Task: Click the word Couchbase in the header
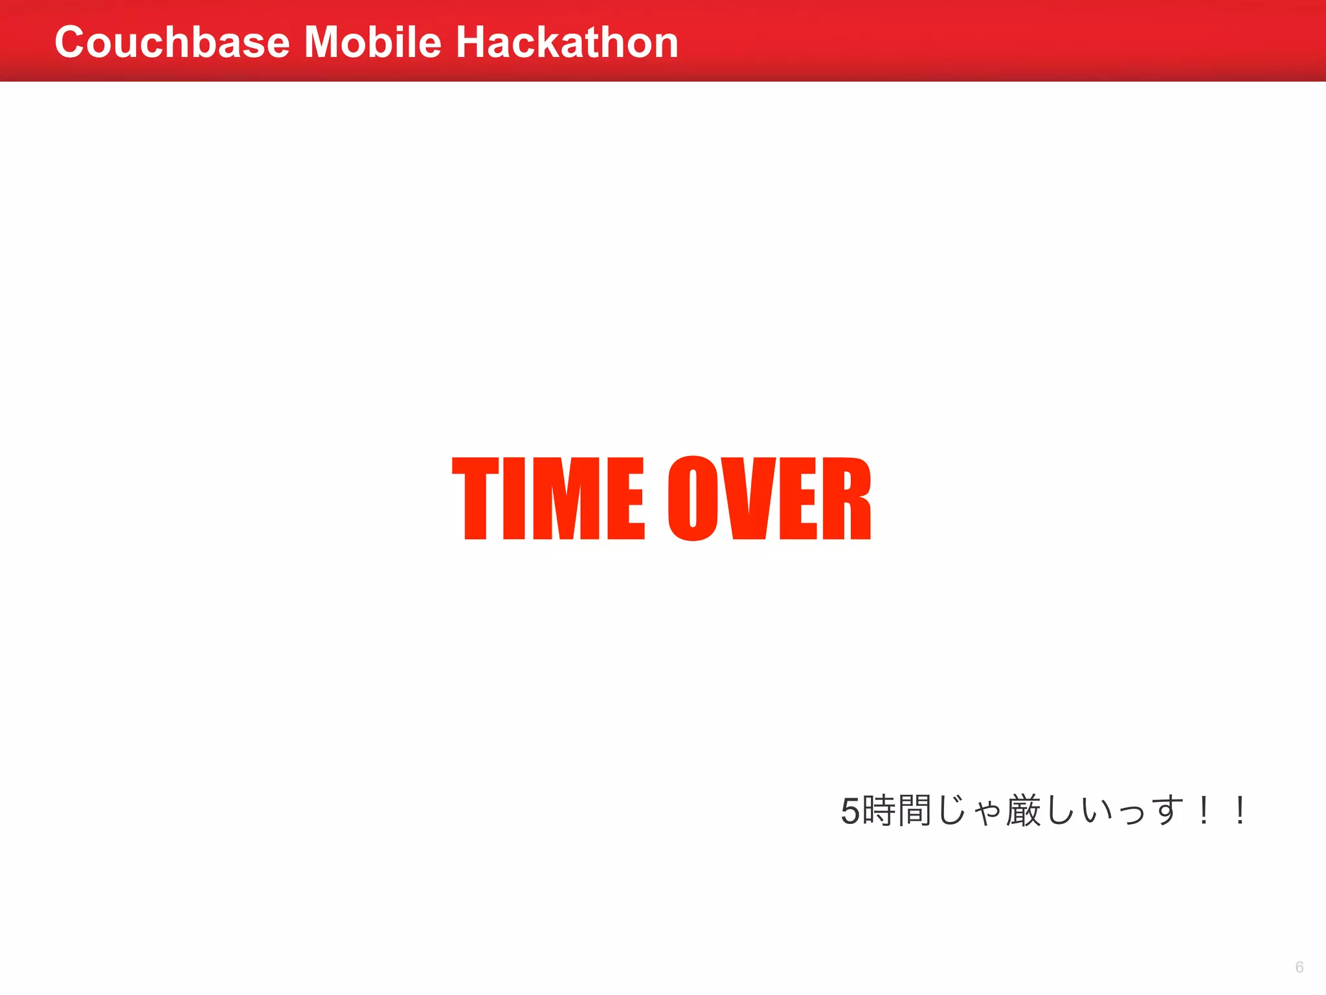(172, 43)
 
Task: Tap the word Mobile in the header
(372, 43)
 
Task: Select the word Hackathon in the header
(567, 43)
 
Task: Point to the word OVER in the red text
(769, 498)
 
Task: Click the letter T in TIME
(475, 498)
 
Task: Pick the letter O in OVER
(693, 498)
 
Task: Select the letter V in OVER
(750, 498)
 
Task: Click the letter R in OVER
(847, 498)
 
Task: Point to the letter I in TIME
(513, 498)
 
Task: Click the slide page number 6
(1299, 967)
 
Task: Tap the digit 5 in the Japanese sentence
(849, 811)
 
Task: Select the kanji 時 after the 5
(879, 810)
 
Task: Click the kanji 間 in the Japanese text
(914, 810)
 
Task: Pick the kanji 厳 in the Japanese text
(1023, 810)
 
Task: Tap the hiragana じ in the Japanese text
(951, 810)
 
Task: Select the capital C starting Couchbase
(71, 43)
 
